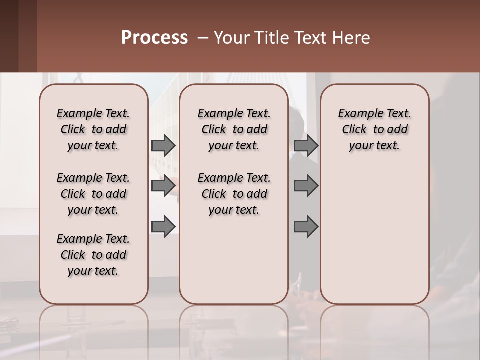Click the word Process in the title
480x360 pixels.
pyautogui.click(x=154, y=38)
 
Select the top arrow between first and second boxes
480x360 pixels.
pyautogui.click(x=163, y=146)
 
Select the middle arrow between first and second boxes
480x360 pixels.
pyautogui.click(x=163, y=186)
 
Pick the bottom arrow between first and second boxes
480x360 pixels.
pyautogui.click(x=163, y=226)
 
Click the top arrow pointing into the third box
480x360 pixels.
pyautogui.click(x=306, y=146)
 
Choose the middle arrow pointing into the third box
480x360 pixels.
pyautogui.click(x=306, y=186)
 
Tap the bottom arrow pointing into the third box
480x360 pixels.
pyautogui.click(x=306, y=226)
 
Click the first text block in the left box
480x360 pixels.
pyautogui.click(x=93, y=129)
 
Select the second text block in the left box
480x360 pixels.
pyautogui.click(x=93, y=194)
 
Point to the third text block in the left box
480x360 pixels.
pyautogui.click(x=93, y=255)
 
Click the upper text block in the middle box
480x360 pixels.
pyautogui.click(x=234, y=129)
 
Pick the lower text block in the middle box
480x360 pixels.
pyautogui.click(x=234, y=194)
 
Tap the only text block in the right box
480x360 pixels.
pyautogui.click(x=375, y=129)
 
